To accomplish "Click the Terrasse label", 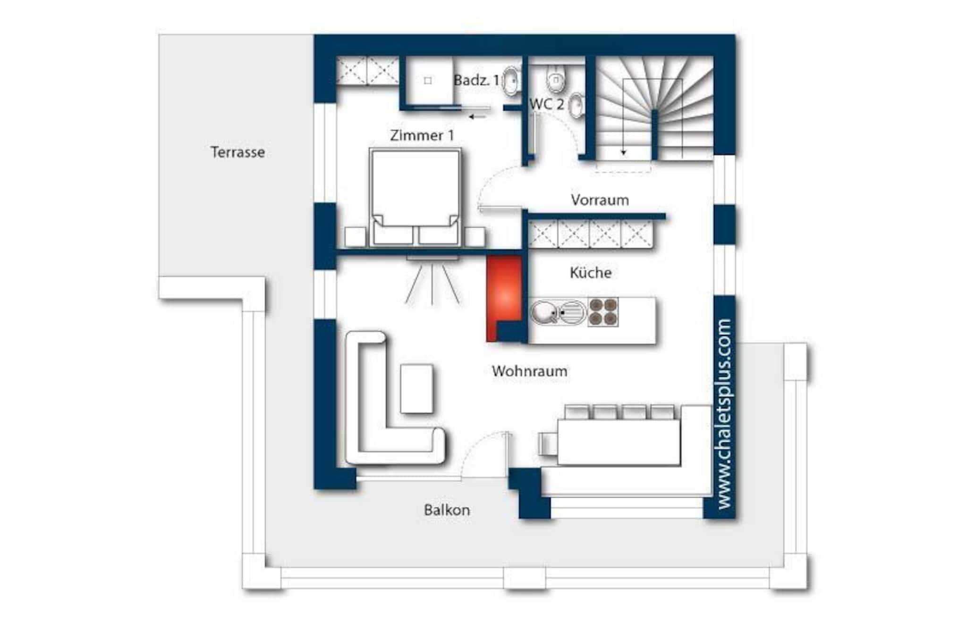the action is [238, 152].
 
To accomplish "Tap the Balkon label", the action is [447, 510].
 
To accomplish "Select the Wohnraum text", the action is [529, 371].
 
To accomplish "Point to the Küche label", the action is [591, 272].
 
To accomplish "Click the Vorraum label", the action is [600, 200].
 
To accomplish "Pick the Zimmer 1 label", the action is [422, 135].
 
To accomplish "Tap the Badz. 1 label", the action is [476, 80].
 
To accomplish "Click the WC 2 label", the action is [546, 104].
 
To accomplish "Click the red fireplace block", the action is [504, 298].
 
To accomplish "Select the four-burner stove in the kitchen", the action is [603, 312].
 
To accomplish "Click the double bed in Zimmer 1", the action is [416, 198].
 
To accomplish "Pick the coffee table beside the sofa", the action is [416, 389].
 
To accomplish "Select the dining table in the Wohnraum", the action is [619, 442].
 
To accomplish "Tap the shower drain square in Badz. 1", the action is [428, 81].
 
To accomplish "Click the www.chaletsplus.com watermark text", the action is [724, 414].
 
